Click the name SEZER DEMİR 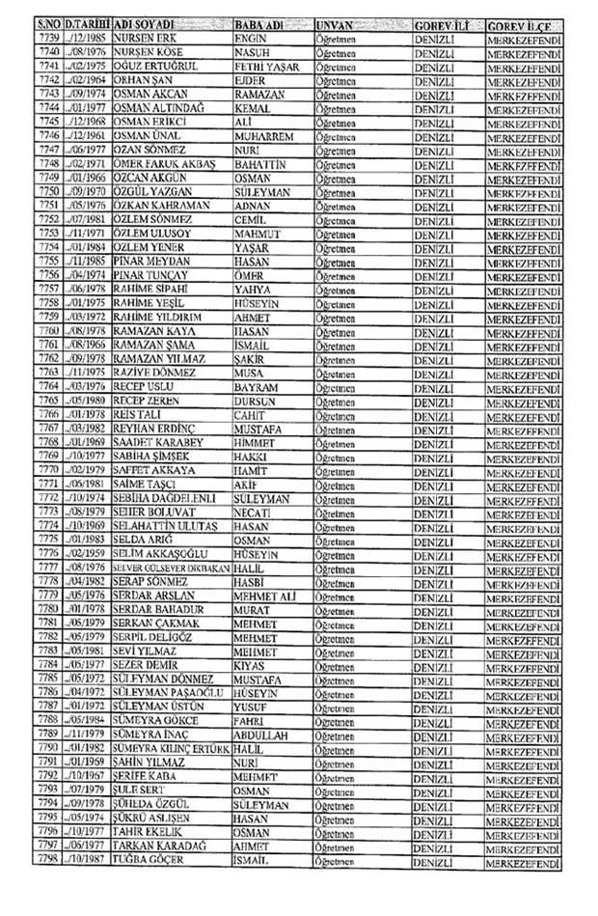pos(149,664)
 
